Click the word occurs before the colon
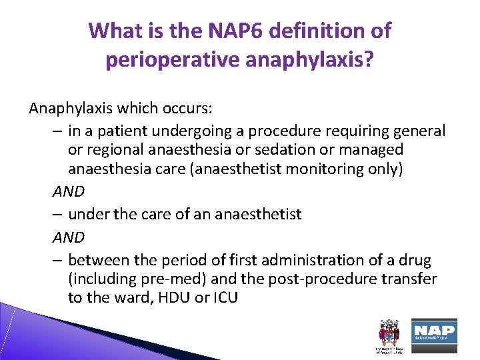[184, 108]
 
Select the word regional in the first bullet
[113, 150]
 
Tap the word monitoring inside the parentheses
[324, 169]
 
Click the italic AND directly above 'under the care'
[69, 191]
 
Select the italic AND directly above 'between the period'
[69, 237]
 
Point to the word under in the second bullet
[87, 214]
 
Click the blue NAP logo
[433, 331]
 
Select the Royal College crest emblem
[387, 332]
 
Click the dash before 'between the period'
[57, 259]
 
